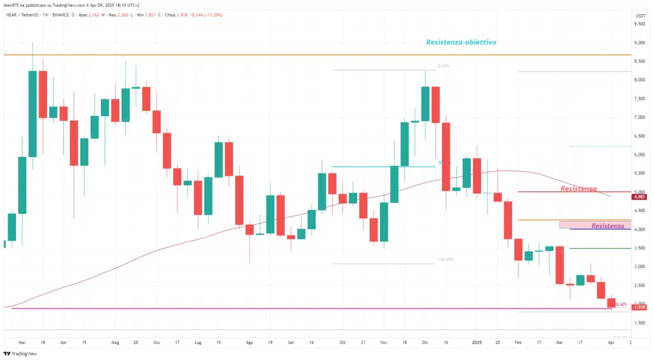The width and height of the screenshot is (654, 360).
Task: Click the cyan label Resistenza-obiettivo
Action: pyautogui.click(x=461, y=42)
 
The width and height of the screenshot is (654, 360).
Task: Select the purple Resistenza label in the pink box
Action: pyautogui.click(x=607, y=226)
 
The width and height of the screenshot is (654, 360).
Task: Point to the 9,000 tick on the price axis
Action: pyautogui.click(x=639, y=43)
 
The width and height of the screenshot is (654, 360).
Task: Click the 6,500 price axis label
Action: pyautogui.click(x=639, y=136)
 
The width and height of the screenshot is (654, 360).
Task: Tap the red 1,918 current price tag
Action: pyautogui.click(x=639, y=308)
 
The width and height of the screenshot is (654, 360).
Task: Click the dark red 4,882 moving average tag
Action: pyautogui.click(x=639, y=197)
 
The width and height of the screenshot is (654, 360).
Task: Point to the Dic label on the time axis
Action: pyautogui.click(x=425, y=342)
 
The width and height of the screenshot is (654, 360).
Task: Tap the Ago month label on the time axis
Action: pyautogui.click(x=250, y=342)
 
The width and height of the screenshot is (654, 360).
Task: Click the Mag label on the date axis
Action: pyautogui.click(x=115, y=342)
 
